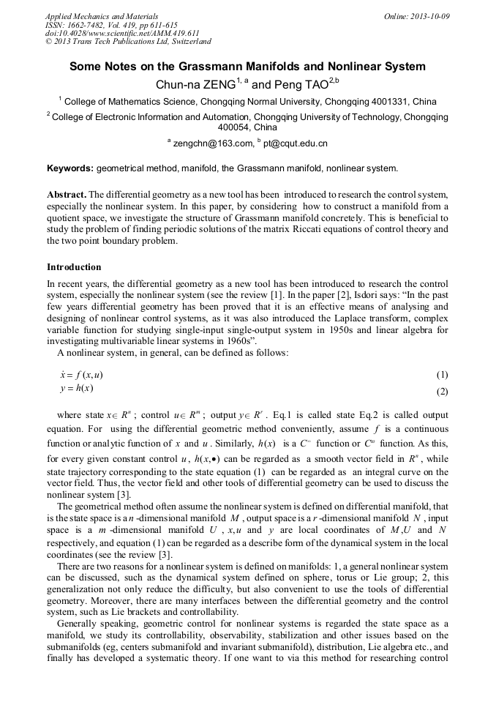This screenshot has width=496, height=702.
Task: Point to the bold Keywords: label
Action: click(69, 168)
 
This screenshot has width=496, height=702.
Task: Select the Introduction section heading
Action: click(74, 267)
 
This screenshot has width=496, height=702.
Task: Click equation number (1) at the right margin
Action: click(442, 375)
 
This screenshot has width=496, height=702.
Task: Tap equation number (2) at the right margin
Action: click(442, 392)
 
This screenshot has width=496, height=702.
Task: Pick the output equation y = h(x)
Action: click(75, 388)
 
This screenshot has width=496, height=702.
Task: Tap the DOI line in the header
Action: click(122, 33)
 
